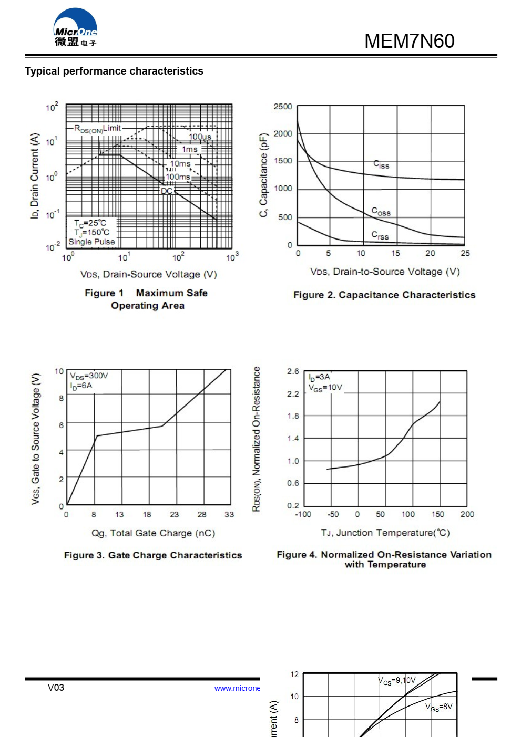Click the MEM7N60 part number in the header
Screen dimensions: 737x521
409,41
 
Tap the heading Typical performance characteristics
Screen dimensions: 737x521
114,71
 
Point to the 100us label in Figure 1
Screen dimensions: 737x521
200,137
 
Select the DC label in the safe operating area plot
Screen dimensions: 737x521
167,191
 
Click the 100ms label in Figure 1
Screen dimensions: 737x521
178,177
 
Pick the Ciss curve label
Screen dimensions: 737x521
381,165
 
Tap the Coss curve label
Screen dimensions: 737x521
381,212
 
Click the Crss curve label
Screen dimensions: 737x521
380,235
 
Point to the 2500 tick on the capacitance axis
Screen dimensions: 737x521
283,107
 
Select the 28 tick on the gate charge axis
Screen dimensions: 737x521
202,514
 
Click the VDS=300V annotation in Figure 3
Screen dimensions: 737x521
89,376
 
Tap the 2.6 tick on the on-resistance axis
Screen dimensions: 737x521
293,371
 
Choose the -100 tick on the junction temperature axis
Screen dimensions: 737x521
303,514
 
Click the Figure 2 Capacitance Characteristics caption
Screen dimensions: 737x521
384,295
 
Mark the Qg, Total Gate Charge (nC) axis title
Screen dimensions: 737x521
153,533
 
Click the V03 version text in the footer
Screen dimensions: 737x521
56,688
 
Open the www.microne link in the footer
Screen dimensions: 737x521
237,688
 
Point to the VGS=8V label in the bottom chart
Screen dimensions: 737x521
438,707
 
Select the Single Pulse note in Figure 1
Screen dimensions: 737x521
91,242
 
